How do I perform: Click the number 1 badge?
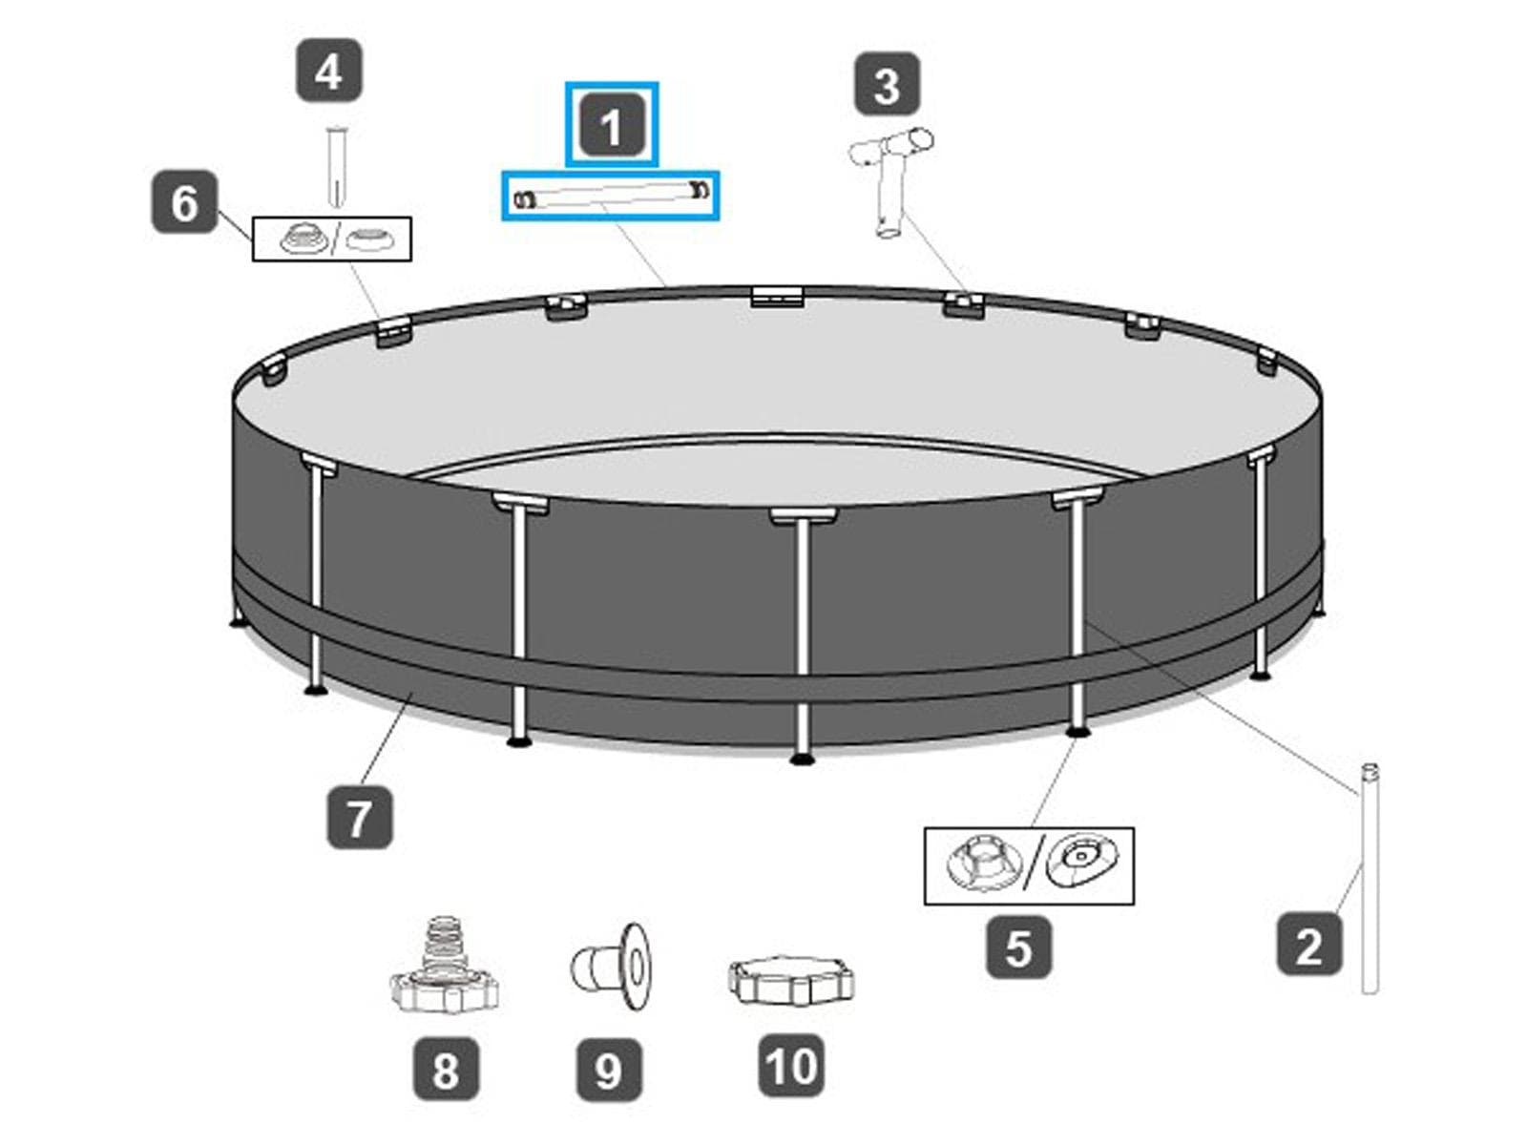[611, 125]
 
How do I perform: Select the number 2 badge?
[1309, 945]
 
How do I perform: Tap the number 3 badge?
[887, 85]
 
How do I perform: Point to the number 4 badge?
[328, 71]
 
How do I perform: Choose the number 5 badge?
[1018, 947]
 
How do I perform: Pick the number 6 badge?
[184, 202]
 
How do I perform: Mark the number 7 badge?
[359, 817]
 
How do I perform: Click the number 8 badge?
[445, 1069]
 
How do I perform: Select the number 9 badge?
[609, 1069]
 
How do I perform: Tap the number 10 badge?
[792, 1065]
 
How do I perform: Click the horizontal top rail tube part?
[611, 195]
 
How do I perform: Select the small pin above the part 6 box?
[335, 166]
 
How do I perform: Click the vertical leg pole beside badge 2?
[1370, 878]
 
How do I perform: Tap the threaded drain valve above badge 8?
[444, 965]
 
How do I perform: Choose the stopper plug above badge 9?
[611, 966]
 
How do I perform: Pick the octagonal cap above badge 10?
[791, 979]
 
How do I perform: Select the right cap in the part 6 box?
[366, 239]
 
